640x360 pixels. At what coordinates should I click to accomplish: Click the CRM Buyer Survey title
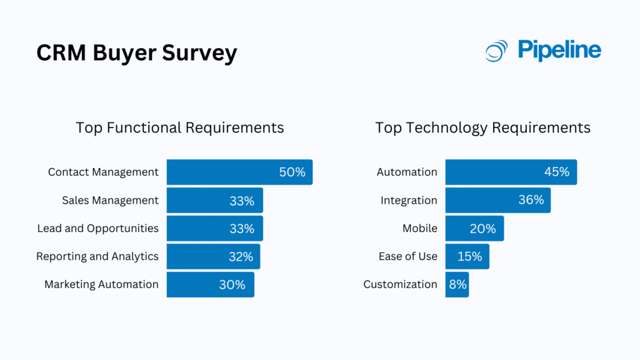tap(137, 53)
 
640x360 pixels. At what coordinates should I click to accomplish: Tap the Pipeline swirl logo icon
tap(497, 51)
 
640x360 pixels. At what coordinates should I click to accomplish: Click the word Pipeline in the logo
tap(559, 50)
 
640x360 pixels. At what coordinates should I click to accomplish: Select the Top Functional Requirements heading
tap(180, 128)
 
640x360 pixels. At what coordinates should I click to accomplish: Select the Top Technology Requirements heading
tap(482, 128)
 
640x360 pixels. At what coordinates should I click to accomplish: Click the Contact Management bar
tap(239, 172)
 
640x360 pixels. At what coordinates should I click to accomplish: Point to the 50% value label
tap(292, 172)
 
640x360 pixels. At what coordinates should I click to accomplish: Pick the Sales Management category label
tap(110, 200)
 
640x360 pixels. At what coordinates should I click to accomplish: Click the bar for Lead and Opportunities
tap(214, 228)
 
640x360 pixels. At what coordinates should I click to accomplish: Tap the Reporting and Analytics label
tap(97, 256)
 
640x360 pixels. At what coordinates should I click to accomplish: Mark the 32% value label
tap(241, 256)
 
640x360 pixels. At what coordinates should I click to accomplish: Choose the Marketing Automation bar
tap(210, 284)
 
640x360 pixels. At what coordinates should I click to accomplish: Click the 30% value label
tap(232, 284)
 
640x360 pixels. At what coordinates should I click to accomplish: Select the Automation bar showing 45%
tap(511, 172)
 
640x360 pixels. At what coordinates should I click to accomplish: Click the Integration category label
tap(409, 200)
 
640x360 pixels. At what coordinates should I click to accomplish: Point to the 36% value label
tap(531, 200)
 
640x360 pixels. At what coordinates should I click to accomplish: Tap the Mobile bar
tap(474, 228)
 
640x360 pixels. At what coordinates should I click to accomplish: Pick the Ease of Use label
tap(407, 256)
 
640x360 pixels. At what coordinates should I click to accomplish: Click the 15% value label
tap(469, 256)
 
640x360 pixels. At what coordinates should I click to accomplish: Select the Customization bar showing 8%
tap(457, 284)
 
